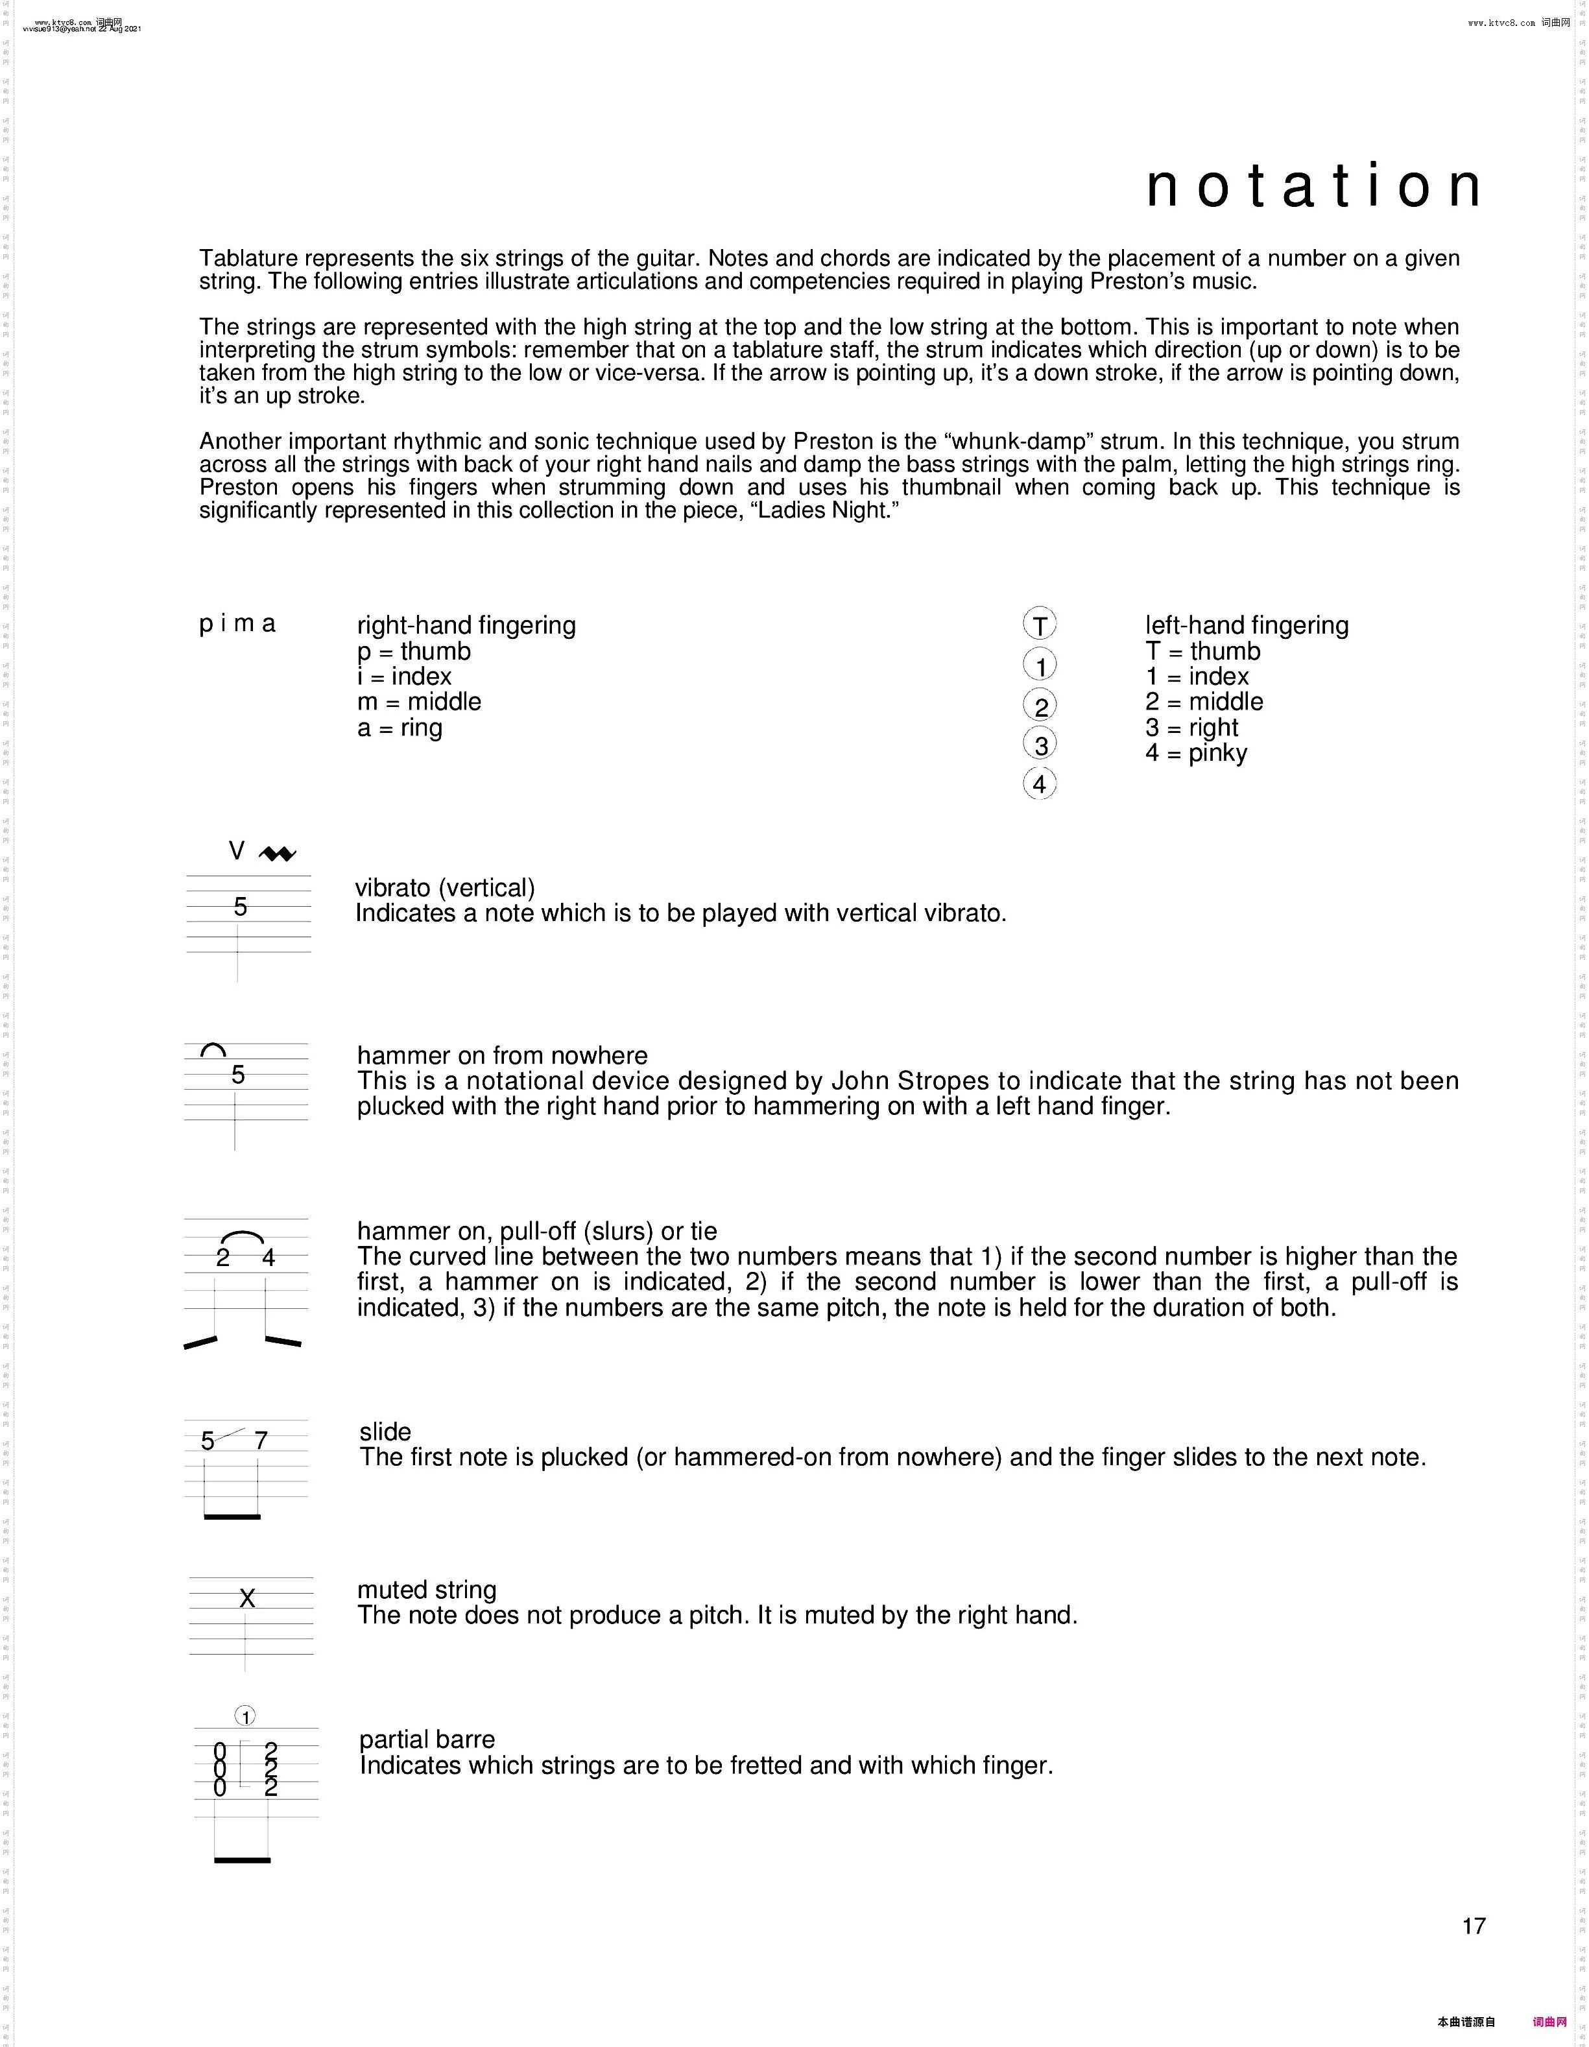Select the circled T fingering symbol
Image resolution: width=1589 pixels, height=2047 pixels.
click(1040, 624)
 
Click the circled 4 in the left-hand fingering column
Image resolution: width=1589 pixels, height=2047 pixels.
click(1040, 784)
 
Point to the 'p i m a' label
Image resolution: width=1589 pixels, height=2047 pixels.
click(237, 624)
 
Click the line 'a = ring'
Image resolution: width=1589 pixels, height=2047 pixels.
click(400, 728)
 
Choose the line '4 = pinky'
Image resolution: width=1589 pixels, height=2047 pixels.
click(1196, 754)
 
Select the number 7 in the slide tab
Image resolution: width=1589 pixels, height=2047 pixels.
click(261, 1441)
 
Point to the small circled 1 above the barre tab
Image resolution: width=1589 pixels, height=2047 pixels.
click(245, 1717)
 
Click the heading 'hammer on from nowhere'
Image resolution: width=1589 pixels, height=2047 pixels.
click(503, 1055)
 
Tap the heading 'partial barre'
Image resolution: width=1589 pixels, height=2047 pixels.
click(427, 1740)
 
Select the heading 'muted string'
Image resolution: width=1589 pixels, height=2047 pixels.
click(427, 1590)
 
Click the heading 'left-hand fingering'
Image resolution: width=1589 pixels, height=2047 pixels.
click(1247, 625)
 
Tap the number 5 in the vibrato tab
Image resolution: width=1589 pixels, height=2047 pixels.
click(241, 907)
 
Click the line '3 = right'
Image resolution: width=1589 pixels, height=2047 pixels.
click(1191, 728)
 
